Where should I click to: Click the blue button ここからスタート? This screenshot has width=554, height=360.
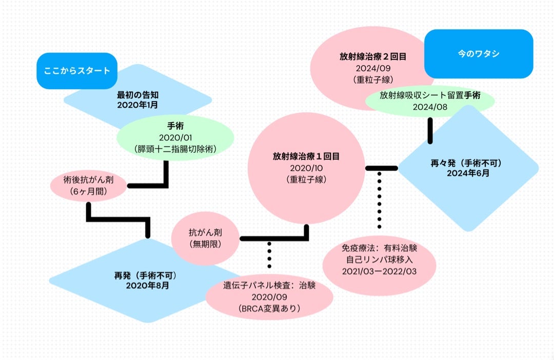[x=77, y=71]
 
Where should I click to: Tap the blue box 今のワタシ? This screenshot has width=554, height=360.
[x=479, y=53]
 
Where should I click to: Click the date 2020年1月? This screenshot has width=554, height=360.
[x=137, y=104]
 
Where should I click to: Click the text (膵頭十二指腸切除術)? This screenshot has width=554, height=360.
[x=175, y=149]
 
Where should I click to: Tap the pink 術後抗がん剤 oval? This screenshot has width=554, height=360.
[x=88, y=186]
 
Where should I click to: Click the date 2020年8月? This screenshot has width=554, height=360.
[x=147, y=285]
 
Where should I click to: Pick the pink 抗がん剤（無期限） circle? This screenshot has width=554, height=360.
[x=205, y=238]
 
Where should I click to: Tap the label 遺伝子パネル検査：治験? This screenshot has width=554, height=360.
[x=269, y=286]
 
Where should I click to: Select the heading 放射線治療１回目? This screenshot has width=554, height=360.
[x=306, y=156]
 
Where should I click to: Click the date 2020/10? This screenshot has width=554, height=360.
[x=306, y=168]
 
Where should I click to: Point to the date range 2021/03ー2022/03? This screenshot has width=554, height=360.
[x=380, y=271]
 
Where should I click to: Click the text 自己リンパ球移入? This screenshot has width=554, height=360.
[x=380, y=259]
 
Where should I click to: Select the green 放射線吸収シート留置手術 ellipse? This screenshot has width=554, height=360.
[x=430, y=101]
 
